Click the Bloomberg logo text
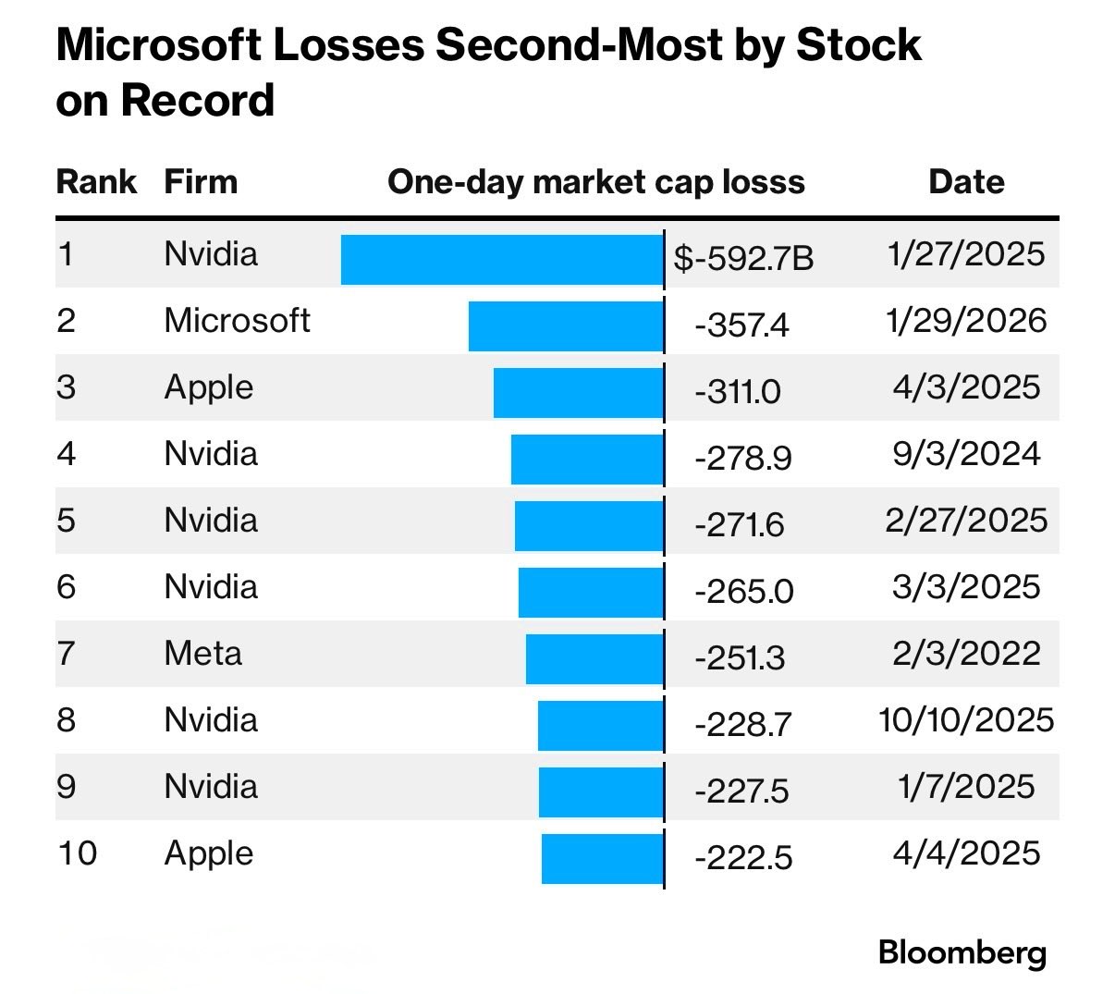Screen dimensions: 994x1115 962,952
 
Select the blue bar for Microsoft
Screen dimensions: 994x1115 566,326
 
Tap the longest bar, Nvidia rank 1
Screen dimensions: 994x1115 502,259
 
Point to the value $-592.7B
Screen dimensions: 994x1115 743,259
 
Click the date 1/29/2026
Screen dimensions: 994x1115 966,321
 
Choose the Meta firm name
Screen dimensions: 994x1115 202,654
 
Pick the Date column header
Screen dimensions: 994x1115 966,181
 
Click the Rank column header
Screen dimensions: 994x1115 96,181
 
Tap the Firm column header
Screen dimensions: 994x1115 201,181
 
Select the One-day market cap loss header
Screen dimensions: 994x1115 596,181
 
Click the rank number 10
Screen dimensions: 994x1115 77,853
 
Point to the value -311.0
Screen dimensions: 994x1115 738,392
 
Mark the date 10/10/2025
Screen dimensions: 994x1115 966,720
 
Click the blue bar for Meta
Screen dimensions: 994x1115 594,658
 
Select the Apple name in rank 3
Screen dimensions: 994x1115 208,387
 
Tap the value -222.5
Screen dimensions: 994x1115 743,858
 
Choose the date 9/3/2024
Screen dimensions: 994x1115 966,454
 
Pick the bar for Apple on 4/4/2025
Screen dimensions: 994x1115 602,858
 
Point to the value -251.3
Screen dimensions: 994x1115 740,658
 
